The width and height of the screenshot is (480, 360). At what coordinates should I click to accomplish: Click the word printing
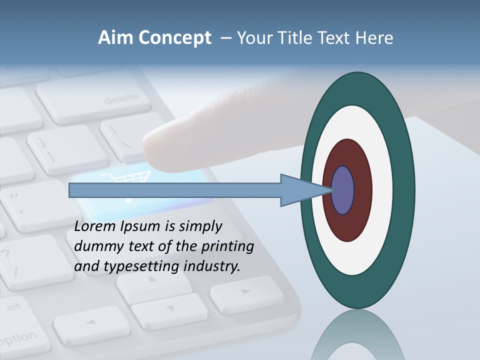[x=227, y=247]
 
